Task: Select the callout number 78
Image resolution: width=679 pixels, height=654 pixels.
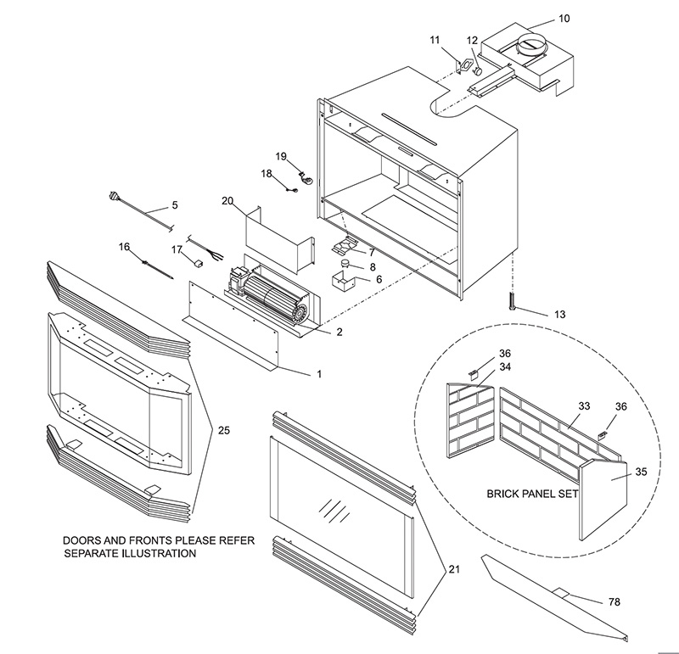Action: pyautogui.click(x=614, y=601)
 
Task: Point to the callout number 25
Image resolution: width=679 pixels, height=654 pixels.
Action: pyautogui.click(x=223, y=431)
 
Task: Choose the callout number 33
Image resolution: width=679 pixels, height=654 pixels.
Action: pyautogui.click(x=584, y=406)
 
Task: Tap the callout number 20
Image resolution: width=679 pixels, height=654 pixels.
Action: pyautogui.click(x=227, y=202)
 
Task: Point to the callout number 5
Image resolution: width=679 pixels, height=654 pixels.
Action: pyautogui.click(x=174, y=204)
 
